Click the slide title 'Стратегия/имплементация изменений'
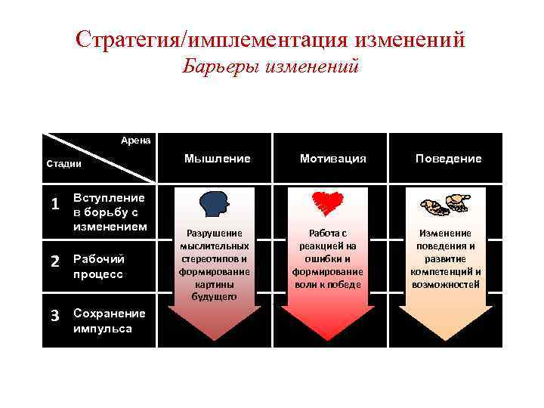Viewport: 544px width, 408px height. (x=270, y=39)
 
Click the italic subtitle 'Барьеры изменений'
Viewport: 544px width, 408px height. (x=270, y=68)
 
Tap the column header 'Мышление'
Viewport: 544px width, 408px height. (x=217, y=159)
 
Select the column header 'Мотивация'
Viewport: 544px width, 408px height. (x=332, y=159)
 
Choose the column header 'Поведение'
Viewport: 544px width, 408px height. (x=447, y=159)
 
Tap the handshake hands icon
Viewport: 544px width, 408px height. (x=446, y=204)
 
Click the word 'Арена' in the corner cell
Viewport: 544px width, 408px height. (x=136, y=140)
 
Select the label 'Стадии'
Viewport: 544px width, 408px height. (x=63, y=162)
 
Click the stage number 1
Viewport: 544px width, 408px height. (x=54, y=205)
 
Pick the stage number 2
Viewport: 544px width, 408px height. (x=54, y=261)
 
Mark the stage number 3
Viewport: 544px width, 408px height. (x=54, y=315)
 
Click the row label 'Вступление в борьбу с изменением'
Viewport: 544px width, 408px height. (x=109, y=212)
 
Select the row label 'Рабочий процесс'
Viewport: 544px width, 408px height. (x=98, y=267)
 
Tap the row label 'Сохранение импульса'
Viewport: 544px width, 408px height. (x=104, y=321)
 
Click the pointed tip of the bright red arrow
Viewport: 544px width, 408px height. (x=328, y=338)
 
